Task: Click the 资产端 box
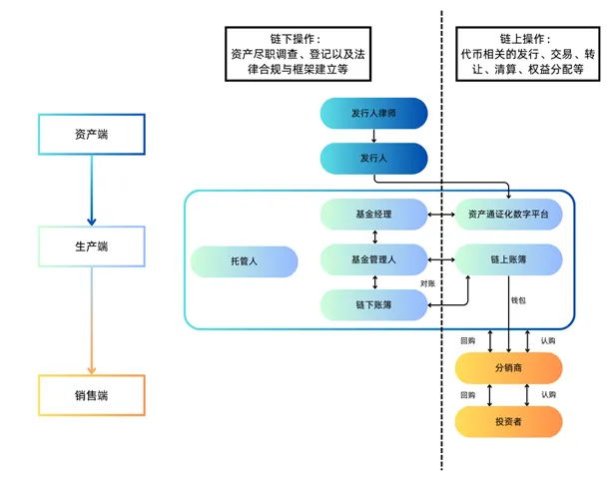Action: pos(91,135)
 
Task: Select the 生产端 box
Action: pos(91,246)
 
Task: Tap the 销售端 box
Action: pos(91,395)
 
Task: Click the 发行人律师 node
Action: pos(374,113)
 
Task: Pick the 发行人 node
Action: pos(374,158)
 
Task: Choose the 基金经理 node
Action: pos(374,215)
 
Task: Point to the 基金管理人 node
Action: pos(374,260)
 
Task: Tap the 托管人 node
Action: pos(245,261)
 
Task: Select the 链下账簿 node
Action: pos(374,304)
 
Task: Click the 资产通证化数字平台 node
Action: pos(509,215)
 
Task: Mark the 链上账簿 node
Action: pos(509,260)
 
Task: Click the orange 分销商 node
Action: pos(509,368)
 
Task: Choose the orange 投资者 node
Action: pos(509,421)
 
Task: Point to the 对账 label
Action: pos(429,282)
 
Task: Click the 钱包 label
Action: pos(519,299)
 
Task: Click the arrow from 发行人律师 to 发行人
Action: pos(374,136)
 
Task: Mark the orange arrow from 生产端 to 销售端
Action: pos(91,319)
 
